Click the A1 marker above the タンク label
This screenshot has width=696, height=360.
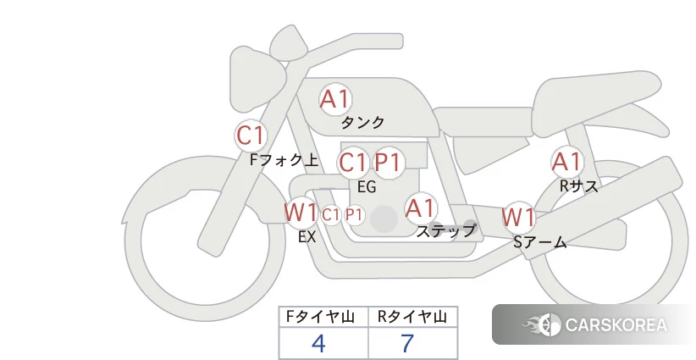335,100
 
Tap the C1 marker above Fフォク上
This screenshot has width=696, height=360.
251,136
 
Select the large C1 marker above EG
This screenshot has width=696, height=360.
352,162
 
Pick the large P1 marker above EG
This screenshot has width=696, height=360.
388,162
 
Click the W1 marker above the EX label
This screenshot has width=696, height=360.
301,213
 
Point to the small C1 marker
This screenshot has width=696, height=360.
331,215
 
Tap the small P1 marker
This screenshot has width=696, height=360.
354,215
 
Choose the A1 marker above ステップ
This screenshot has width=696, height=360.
421,208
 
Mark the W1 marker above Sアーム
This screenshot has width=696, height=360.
518,218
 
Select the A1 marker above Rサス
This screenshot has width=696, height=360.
566,162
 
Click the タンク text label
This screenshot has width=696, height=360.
363,123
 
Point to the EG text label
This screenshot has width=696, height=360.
367,187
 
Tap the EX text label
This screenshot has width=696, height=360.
307,237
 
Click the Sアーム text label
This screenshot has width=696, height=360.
540,243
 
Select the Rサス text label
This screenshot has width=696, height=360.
579,186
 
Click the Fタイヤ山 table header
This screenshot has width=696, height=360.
323,318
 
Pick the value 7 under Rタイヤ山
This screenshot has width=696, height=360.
407,343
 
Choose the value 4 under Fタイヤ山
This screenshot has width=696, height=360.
318,343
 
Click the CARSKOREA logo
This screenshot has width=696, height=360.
594,325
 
